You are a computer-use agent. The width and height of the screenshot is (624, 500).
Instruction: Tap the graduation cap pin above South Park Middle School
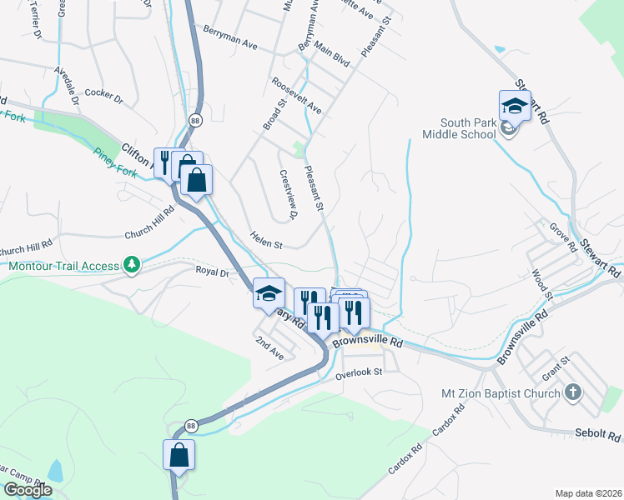[x=515, y=107]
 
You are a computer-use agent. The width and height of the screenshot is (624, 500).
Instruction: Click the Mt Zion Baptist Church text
[x=501, y=392]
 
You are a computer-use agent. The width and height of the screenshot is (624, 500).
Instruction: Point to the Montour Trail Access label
[x=64, y=266]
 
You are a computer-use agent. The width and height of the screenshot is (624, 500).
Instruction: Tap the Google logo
[x=28, y=490]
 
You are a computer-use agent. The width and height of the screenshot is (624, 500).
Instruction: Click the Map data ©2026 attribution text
[x=588, y=492]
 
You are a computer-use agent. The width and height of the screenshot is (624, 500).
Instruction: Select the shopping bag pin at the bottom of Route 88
[x=179, y=456]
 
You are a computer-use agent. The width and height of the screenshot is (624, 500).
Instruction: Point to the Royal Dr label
[x=212, y=272]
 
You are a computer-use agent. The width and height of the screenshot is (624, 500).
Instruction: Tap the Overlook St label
[x=358, y=372]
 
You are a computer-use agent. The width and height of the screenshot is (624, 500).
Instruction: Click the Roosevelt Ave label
[x=296, y=96]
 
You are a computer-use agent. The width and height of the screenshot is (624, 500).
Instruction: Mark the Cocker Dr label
[x=103, y=97]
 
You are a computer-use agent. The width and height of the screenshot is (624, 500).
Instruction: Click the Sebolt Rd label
[x=598, y=435]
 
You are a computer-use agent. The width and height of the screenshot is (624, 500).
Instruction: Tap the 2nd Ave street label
[x=270, y=347]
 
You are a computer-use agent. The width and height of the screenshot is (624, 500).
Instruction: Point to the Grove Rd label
[x=563, y=237]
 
